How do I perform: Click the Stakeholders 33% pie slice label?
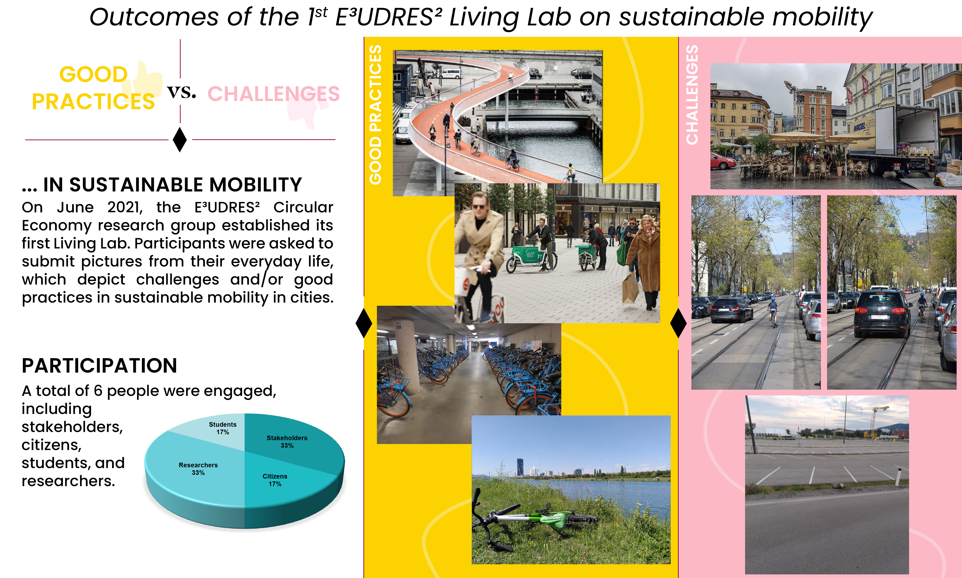(287, 442)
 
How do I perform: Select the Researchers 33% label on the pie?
(198, 469)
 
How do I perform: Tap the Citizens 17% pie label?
(275, 480)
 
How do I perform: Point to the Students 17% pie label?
(223, 428)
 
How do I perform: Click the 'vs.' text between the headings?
(181, 92)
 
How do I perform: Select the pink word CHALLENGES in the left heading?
(273, 94)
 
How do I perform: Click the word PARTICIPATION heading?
(99, 366)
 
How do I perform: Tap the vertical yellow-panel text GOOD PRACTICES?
(375, 114)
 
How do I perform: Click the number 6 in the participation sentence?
(98, 391)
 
